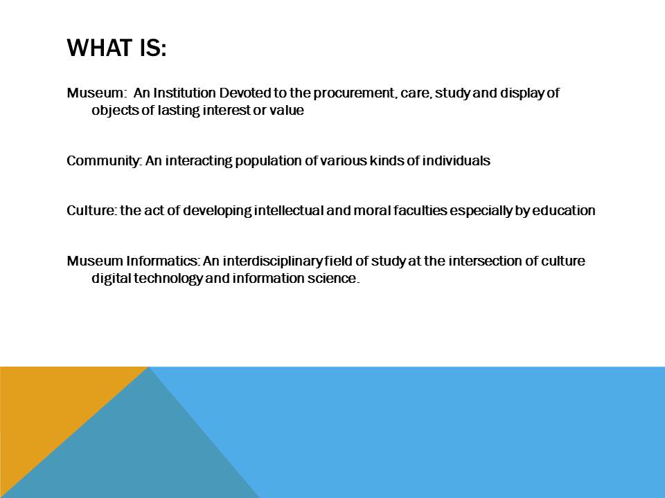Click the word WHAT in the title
point(100,48)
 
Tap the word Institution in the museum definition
point(184,93)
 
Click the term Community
point(104,161)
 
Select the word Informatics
point(162,261)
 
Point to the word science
point(332,278)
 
